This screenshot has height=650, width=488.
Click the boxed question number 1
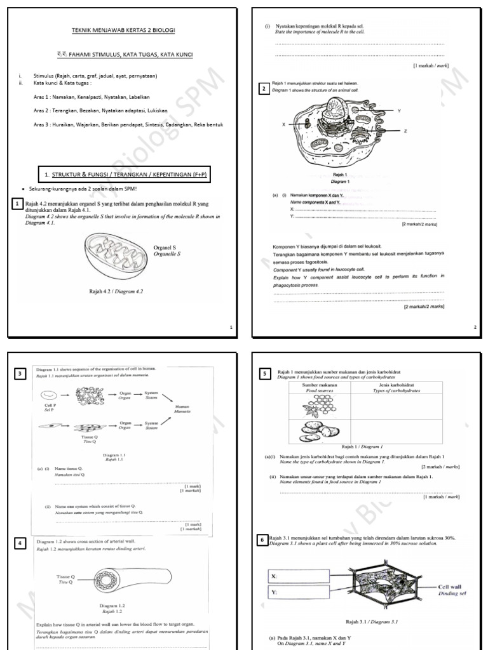18,204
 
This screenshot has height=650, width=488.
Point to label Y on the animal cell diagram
398,110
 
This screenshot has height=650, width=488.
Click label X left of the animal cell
283,124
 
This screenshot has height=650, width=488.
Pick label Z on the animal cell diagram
405,131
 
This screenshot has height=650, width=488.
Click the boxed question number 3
21,374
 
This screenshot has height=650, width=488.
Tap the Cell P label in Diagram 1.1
41,408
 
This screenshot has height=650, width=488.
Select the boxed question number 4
21,543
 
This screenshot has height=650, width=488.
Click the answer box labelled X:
299,576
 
